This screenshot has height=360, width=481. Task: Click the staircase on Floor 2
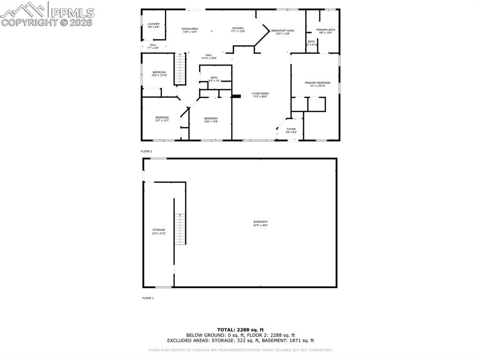(180, 69)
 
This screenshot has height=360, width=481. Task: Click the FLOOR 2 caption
(147, 151)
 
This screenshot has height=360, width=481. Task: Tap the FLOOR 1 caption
(147, 298)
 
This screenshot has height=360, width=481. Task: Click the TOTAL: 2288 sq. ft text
(240, 329)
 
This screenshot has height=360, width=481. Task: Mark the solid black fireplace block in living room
(236, 96)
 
